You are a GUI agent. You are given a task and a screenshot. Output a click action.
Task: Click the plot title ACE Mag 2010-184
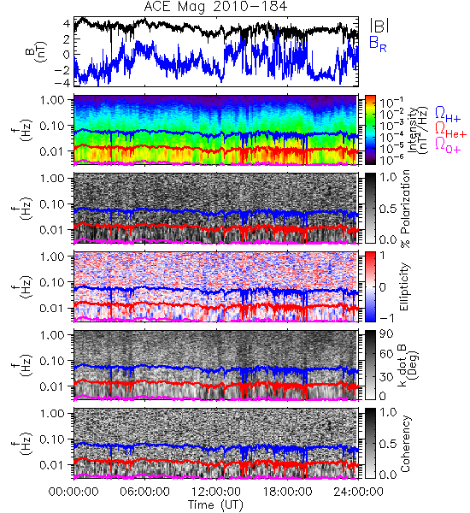[x=215, y=7]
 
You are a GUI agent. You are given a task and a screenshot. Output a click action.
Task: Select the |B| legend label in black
[x=379, y=26]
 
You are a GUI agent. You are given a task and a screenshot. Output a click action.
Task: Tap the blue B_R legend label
[x=378, y=44]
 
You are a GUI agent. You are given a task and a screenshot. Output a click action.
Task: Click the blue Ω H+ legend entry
[x=448, y=115]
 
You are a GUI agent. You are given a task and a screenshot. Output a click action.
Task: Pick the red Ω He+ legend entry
[x=450, y=130]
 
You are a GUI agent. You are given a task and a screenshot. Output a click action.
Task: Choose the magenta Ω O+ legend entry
[x=448, y=145]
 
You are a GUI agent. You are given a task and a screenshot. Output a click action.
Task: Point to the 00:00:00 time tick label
[x=73, y=492]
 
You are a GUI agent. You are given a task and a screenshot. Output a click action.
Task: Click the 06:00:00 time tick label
[x=145, y=492]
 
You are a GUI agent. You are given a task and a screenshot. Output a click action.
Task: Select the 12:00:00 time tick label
[x=216, y=492]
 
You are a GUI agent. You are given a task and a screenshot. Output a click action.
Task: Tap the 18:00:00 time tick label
[x=288, y=492]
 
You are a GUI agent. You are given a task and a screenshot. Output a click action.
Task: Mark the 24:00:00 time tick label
[x=359, y=492]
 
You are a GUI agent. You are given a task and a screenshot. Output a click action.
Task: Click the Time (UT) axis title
[x=215, y=505]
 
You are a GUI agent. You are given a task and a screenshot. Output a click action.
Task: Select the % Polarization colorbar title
[x=405, y=209]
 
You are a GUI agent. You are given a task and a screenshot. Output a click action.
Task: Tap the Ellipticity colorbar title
[x=404, y=287]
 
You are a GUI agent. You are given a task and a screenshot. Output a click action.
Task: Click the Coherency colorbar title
[x=405, y=444]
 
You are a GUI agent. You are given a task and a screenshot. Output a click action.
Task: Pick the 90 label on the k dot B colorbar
[x=386, y=334]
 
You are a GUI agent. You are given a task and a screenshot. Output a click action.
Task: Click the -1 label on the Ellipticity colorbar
[x=386, y=318]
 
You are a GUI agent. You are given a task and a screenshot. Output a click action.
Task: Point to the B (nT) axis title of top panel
[x=38, y=52]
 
